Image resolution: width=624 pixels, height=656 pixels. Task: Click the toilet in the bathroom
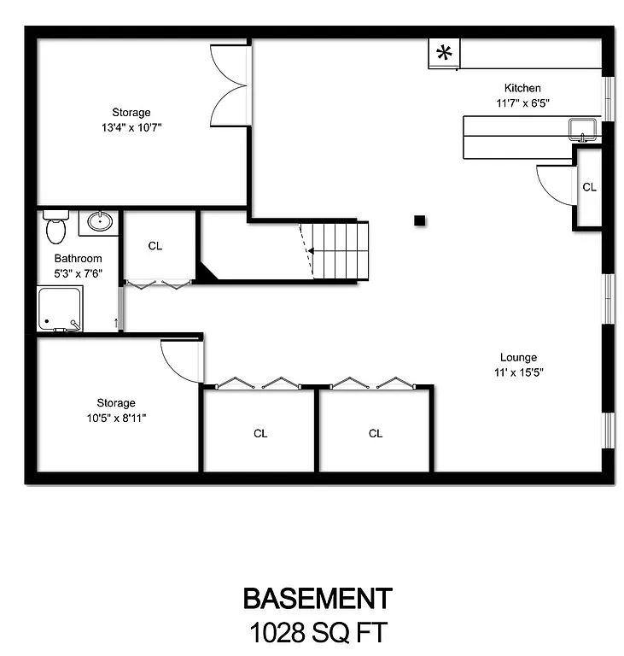55,227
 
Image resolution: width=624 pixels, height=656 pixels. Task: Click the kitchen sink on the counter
584,129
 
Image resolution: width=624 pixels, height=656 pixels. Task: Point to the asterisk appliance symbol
444,53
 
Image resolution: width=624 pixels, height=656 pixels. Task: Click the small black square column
419,220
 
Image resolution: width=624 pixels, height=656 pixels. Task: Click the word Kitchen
522,88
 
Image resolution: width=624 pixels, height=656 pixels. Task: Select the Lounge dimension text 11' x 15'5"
519,372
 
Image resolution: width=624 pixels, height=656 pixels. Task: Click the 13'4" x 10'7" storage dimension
131,127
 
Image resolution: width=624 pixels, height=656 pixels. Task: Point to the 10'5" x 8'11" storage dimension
116,418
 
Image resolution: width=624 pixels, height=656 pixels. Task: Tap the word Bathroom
79,259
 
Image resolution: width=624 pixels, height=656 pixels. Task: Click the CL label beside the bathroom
155,246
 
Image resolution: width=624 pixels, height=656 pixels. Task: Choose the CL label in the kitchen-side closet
589,187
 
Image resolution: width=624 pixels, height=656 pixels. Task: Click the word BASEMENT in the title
318,598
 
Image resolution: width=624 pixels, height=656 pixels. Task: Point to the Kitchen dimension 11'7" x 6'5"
522,102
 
